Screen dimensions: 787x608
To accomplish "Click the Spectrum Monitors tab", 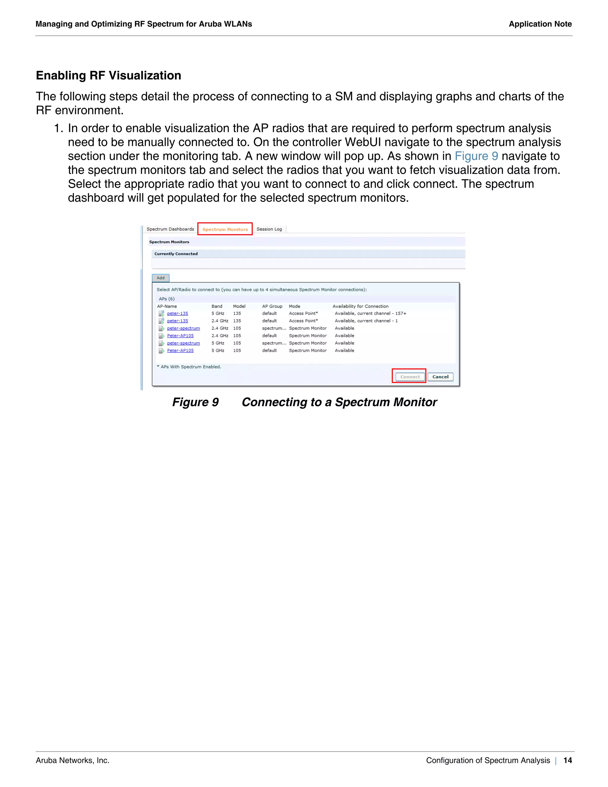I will point(225,229).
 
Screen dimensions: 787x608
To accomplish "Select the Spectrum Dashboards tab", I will point(170,229).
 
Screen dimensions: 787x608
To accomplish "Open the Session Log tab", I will point(269,229).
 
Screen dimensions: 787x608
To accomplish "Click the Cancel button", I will point(440,377).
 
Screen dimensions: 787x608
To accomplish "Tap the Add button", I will point(161,278).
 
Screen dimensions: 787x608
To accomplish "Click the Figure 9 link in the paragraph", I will point(476,156).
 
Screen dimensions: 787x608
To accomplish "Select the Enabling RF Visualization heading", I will point(108,75).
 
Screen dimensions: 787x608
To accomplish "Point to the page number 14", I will point(568,760).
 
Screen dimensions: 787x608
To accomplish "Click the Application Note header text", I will point(540,24).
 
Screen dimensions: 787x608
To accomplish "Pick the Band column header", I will point(217,306).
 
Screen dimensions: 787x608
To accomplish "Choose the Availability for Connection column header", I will point(360,306).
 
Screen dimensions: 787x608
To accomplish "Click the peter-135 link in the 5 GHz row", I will point(177,314).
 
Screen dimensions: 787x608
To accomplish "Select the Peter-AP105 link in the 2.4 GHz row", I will point(180,336).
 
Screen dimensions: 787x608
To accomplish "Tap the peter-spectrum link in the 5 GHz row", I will point(183,343).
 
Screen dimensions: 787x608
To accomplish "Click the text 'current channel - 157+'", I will point(381,314).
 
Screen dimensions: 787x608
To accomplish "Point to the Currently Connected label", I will point(176,254).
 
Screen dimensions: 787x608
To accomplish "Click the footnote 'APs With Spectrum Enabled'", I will point(191,367).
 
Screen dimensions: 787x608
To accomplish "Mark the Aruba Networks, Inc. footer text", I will point(72,760).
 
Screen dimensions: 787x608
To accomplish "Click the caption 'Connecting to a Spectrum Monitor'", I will point(339,402).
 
